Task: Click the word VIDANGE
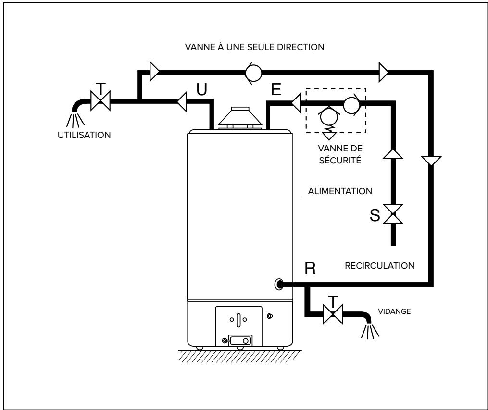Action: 394,311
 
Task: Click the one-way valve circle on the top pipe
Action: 253,73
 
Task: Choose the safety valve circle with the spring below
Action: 329,115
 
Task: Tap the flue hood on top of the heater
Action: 239,117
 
